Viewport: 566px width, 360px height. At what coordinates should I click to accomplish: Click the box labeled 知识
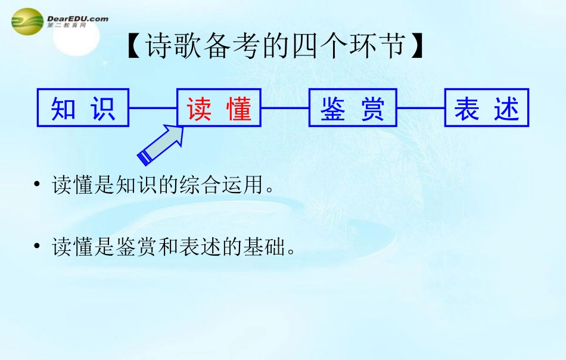pyautogui.click(x=83, y=108)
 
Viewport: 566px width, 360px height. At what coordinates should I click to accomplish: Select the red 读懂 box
pyautogui.click(x=219, y=108)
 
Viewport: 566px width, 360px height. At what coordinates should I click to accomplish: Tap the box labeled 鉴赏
pyautogui.click(x=353, y=108)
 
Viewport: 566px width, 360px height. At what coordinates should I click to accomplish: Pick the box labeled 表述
pyautogui.click(x=487, y=108)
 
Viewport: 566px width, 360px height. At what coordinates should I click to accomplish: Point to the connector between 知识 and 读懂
pyautogui.click(x=153, y=108)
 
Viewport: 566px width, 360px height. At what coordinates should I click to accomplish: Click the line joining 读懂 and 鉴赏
pyautogui.click(x=285, y=108)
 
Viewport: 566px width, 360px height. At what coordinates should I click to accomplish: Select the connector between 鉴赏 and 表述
pyautogui.click(x=421, y=108)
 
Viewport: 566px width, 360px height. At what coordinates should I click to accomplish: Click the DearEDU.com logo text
pyautogui.click(x=77, y=19)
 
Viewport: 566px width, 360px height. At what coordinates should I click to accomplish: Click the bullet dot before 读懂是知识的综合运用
pyautogui.click(x=37, y=184)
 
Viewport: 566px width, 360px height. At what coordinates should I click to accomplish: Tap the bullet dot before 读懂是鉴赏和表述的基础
pyautogui.click(x=37, y=246)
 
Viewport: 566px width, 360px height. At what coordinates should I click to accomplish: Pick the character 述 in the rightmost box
pyautogui.click(x=506, y=108)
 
